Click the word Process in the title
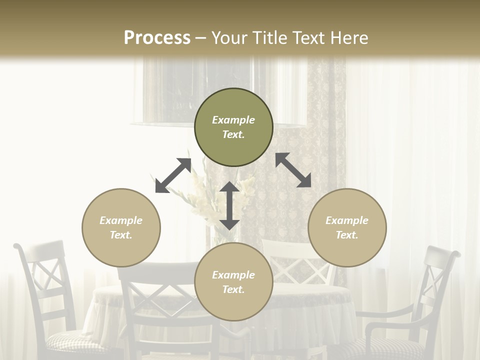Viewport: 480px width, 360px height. (157, 37)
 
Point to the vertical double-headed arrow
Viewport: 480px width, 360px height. (229, 205)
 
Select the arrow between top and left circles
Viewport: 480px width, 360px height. (173, 175)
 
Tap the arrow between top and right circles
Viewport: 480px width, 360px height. (293, 170)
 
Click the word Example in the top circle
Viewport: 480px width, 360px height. (233, 120)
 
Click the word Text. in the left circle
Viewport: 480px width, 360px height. (121, 235)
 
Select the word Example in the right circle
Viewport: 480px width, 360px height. (347, 220)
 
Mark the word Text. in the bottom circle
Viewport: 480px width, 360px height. (233, 289)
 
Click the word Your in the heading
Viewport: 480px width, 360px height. (227, 37)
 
